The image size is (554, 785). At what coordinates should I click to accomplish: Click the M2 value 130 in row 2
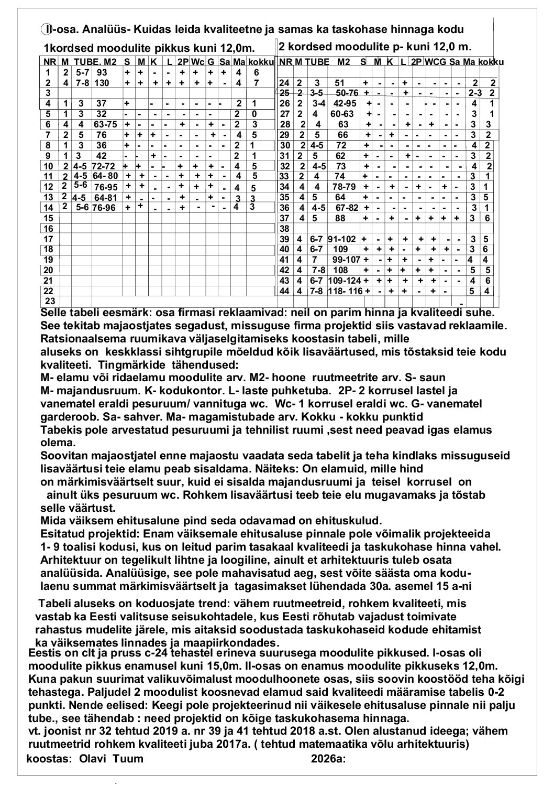coord(102,83)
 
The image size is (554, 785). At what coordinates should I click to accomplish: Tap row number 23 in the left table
coord(50,301)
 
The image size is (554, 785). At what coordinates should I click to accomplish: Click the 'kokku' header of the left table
coord(261,62)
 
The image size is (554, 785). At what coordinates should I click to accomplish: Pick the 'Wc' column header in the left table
coord(197,62)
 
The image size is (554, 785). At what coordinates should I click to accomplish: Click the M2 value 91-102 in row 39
coord(342,239)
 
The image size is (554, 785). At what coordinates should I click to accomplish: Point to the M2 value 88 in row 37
coord(340,218)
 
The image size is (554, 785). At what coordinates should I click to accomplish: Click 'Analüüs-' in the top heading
coord(106,28)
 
